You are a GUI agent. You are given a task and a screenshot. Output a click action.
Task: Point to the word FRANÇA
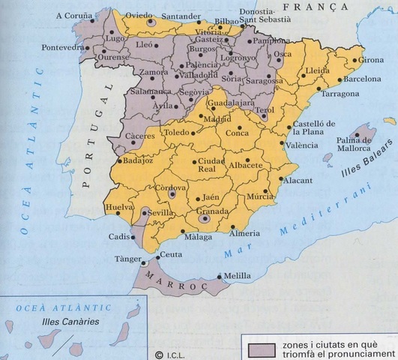point(302,7)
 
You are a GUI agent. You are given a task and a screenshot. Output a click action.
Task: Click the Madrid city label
point(217,118)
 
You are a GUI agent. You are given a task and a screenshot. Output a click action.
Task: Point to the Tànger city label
point(130,259)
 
